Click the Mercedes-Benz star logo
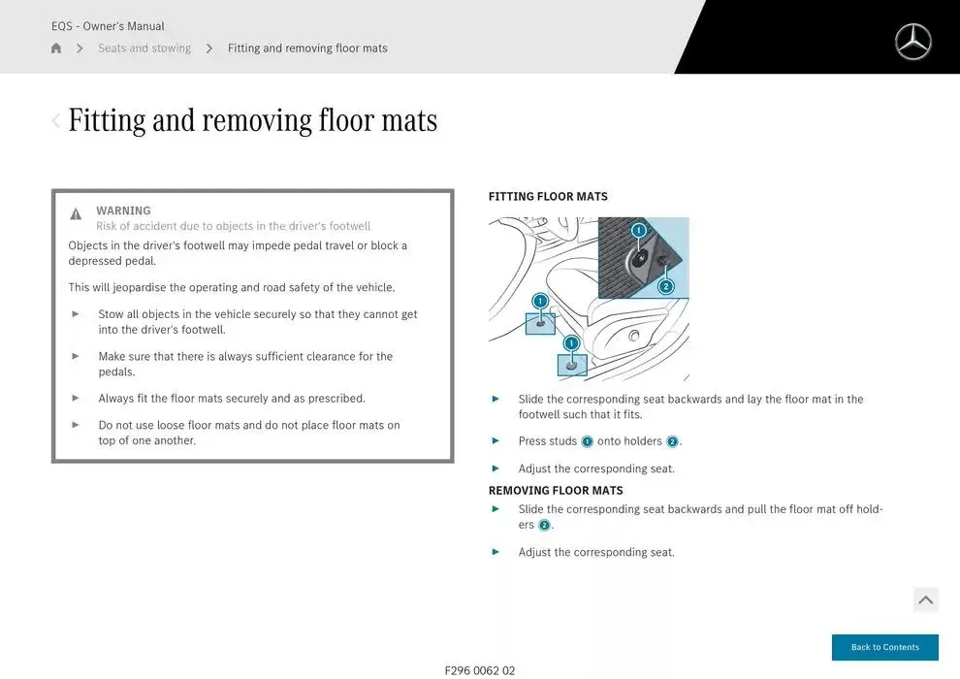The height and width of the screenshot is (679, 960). [912, 42]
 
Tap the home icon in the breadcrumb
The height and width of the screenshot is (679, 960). [56, 48]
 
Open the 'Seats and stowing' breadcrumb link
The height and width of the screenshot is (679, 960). [144, 48]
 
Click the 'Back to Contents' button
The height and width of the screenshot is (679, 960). [884, 647]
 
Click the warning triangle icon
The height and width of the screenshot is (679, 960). [76, 213]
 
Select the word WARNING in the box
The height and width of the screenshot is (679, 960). [123, 210]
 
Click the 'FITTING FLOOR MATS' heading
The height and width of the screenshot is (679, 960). [548, 197]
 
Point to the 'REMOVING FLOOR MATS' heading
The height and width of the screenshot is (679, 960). [556, 491]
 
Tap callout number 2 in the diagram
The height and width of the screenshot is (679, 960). [666, 286]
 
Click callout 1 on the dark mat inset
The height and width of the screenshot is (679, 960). [639, 230]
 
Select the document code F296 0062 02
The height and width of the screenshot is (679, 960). [480, 670]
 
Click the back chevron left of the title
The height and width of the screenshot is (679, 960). [55, 120]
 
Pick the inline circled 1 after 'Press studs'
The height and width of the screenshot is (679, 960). [587, 441]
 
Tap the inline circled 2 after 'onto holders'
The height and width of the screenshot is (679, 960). [672, 441]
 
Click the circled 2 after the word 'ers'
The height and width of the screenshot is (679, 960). [544, 526]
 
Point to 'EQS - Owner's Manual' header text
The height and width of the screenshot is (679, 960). [108, 26]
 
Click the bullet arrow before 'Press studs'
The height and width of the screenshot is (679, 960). [496, 440]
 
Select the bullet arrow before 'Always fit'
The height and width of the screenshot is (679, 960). [76, 398]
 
